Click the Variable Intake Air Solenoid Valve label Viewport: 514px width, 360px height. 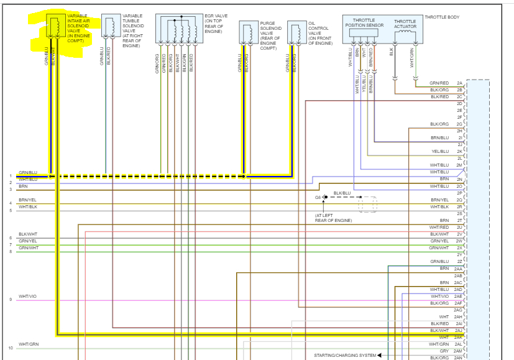point(78,27)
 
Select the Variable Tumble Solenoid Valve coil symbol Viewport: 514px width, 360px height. point(110,27)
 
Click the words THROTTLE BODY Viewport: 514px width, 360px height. point(442,17)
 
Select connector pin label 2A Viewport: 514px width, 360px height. point(459,83)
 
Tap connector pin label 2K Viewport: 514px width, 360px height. point(459,151)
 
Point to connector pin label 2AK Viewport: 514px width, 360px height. point(459,337)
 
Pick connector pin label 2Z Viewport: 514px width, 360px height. point(459,261)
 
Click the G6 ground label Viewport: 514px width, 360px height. point(318,197)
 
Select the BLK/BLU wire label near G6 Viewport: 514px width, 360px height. point(342,193)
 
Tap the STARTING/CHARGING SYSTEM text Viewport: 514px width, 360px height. point(345,355)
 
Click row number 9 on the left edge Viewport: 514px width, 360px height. point(11,300)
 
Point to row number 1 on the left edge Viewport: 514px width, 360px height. point(11,176)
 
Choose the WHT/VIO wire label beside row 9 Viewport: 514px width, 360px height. point(27,297)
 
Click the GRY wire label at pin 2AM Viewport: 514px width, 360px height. point(444,351)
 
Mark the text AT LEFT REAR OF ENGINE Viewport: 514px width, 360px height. point(333,218)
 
